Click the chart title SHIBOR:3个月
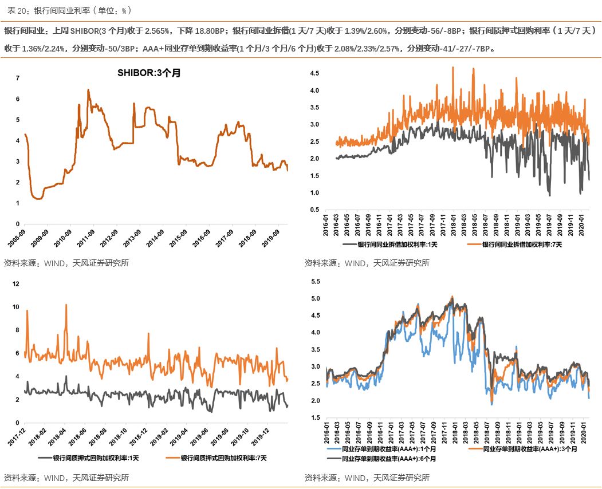point(148,73)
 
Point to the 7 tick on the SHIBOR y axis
point(17,78)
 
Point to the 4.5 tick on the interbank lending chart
point(314,74)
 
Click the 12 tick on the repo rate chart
point(16,283)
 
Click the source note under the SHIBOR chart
point(66,263)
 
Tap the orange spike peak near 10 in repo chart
point(66,305)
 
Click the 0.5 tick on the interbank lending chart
point(314,210)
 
